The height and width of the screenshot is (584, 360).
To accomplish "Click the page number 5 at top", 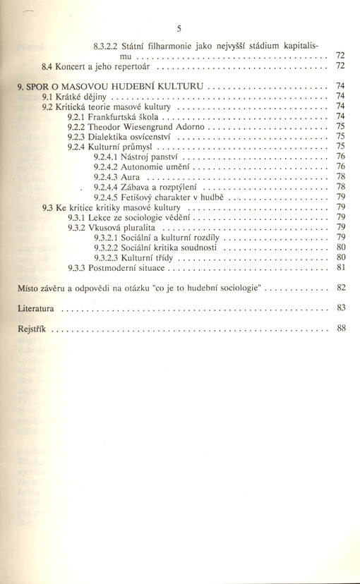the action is click(180, 29).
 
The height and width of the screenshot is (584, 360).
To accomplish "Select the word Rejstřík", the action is click(32, 329).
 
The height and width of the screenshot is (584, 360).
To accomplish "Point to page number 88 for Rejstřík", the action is click(341, 328).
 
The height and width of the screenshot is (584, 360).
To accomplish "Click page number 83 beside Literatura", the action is click(341, 308).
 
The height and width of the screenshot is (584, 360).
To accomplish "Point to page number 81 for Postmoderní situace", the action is click(341, 268).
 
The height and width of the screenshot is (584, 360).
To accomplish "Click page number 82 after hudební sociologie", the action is click(341, 288).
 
